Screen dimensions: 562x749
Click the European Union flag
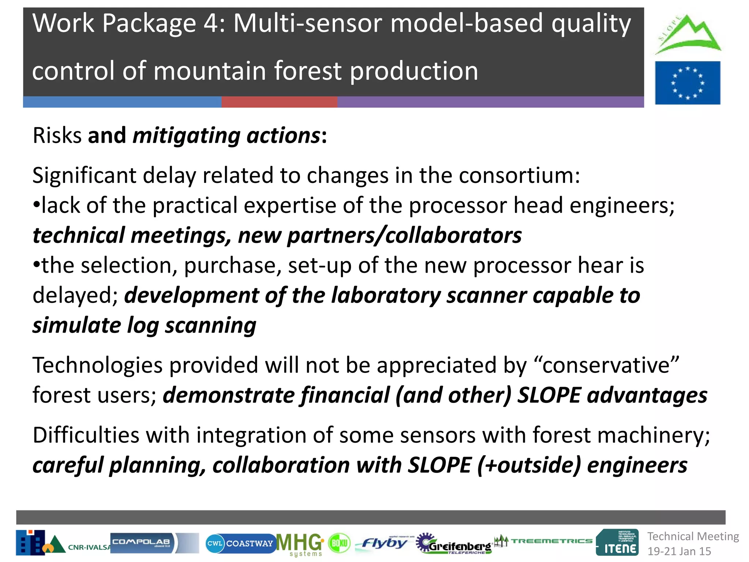[687, 83]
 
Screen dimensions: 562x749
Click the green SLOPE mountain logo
[688, 35]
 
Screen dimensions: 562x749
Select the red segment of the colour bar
[279, 102]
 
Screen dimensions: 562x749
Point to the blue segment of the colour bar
[122, 102]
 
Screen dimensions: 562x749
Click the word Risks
[57, 135]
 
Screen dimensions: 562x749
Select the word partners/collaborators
[404, 235]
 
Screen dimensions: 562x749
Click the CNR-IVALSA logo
[62, 543]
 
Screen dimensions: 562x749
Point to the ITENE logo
[617, 543]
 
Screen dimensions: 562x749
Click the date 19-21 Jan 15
[679, 551]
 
